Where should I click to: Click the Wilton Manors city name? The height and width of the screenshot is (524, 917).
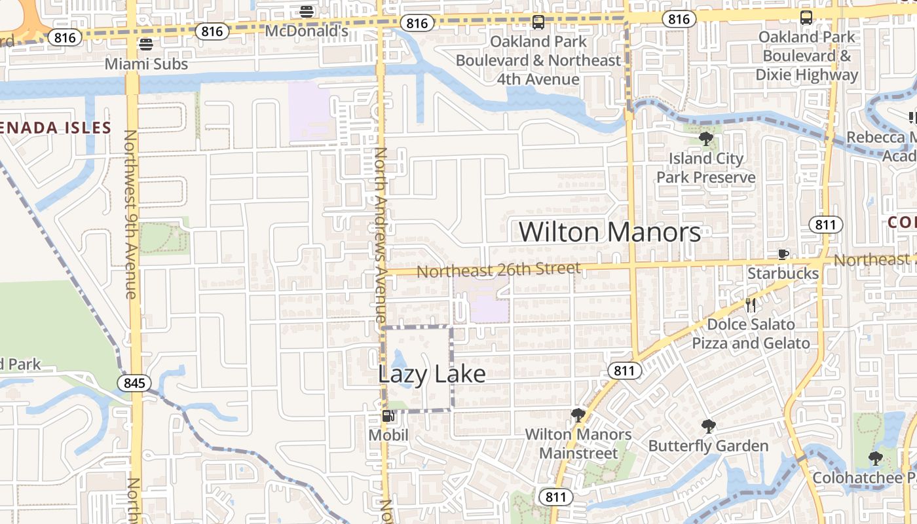610,232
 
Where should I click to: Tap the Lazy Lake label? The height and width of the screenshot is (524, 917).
432,374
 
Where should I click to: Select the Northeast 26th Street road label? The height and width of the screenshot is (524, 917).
498,269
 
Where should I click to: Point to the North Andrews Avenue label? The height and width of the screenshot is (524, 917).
382,236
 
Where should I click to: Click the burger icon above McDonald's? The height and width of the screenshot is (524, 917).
307,11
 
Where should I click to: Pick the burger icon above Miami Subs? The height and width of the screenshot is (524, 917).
146,45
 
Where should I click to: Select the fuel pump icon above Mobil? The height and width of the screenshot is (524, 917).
388,416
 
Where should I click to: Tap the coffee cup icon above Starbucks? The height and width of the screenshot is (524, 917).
783,254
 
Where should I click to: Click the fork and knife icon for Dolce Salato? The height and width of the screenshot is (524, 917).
751,305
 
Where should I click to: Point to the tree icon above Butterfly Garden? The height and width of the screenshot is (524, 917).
708,426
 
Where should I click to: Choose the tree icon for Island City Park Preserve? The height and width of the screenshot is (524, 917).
705,138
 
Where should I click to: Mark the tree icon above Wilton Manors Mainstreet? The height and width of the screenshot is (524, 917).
578,415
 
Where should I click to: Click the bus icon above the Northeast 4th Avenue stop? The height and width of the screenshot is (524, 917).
538,22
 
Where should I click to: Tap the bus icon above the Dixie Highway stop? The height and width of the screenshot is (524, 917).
806,18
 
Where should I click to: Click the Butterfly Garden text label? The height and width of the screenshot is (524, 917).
708,446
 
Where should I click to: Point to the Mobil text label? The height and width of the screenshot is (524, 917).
388,435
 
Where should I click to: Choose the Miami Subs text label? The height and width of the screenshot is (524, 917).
146,64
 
